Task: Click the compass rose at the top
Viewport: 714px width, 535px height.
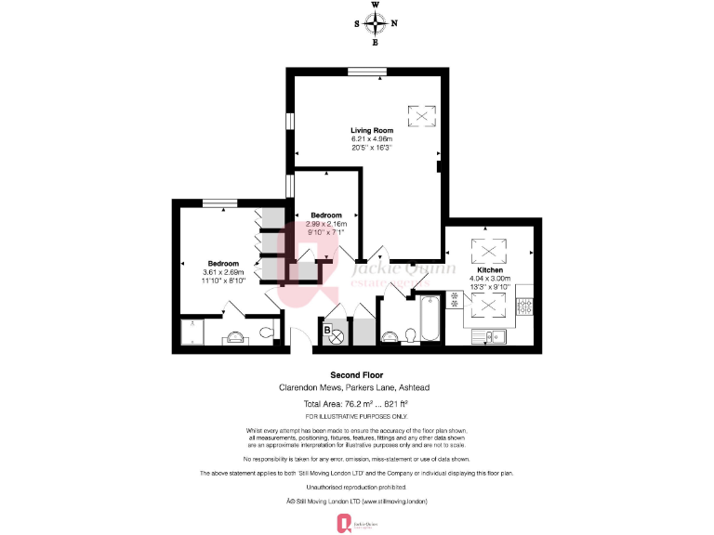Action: (376, 23)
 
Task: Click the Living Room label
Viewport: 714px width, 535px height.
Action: (371, 130)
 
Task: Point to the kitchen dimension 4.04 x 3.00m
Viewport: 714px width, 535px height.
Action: (489, 278)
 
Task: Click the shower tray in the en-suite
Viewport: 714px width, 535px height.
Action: (192, 332)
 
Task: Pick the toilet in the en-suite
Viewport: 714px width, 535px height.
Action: (266, 332)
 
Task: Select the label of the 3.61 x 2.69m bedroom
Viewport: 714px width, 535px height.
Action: (223, 263)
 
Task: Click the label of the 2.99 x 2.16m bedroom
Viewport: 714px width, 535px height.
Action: (327, 215)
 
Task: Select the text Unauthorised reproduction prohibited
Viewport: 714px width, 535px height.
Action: (356, 486)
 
